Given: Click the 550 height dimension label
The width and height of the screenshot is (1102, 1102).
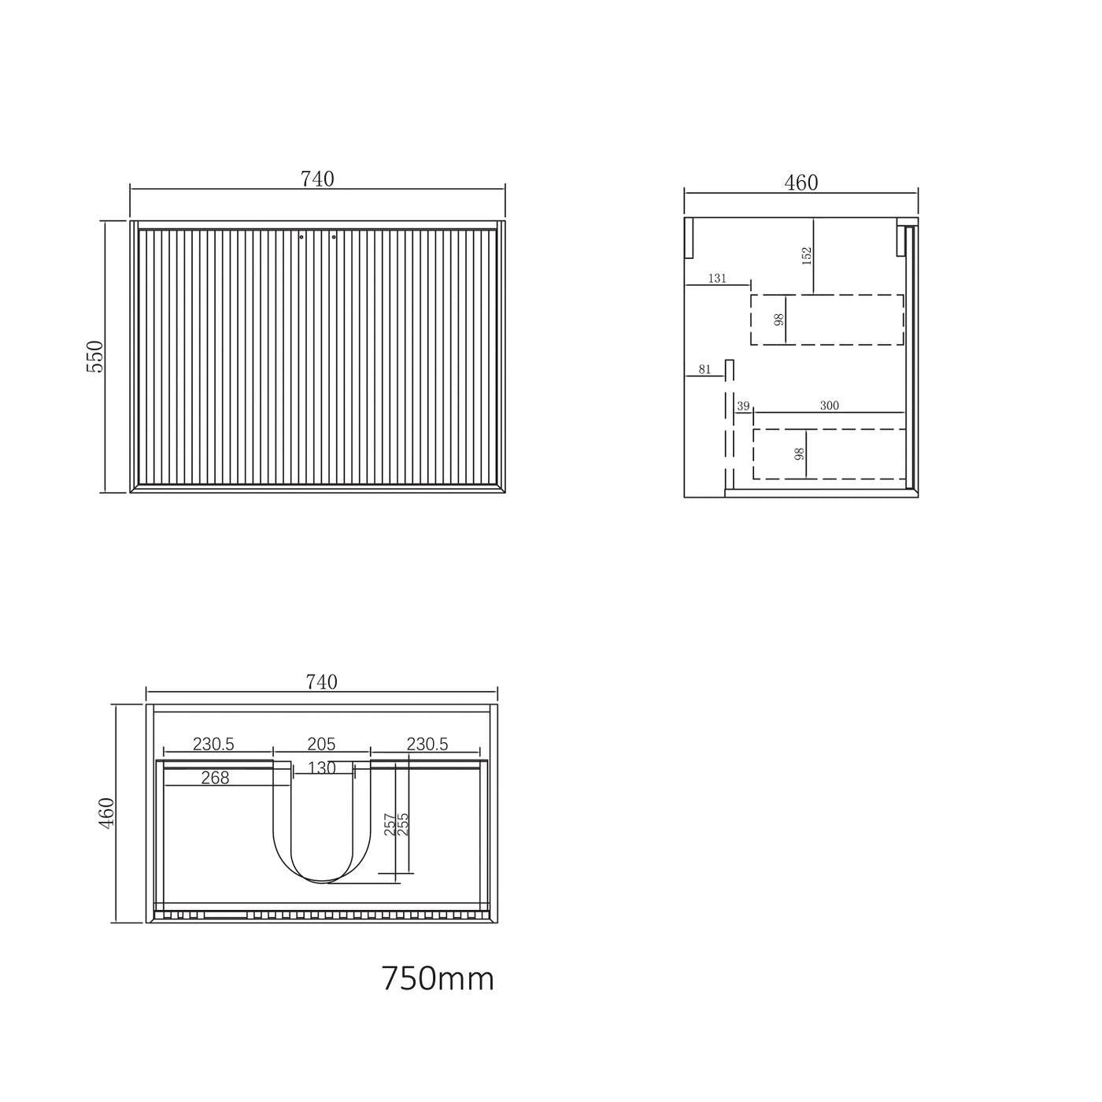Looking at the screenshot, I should [94, 357].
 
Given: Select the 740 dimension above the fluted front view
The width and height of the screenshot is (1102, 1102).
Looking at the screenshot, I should [317, 179].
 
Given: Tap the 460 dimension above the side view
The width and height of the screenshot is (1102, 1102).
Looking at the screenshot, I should [801, 183].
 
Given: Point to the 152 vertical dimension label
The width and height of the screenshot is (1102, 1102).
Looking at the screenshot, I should [806, 256].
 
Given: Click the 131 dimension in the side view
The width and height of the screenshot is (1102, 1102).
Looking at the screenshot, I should [717, 279].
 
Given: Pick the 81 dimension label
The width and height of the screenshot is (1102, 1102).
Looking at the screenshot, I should [704, 369].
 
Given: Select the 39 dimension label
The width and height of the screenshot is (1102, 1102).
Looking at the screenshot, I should [743, 406].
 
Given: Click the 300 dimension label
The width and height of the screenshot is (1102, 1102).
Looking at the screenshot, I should [829, 406].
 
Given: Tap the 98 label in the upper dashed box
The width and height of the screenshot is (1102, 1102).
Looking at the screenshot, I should [779, 320].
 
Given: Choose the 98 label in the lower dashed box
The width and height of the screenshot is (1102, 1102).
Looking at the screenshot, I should [800, 454].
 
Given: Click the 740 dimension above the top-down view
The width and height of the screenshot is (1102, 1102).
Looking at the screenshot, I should [321, 682].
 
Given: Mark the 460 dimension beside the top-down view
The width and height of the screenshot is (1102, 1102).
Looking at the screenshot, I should [107, 812].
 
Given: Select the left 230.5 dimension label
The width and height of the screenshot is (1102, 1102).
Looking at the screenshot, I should [214, 744].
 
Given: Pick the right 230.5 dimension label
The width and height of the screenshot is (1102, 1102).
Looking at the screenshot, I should [427, 744].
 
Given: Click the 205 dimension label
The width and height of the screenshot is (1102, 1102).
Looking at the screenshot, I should [321, 744].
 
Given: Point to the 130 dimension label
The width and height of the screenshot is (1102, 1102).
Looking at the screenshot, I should [322, 768].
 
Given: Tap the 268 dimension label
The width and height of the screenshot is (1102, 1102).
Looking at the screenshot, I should [215, 778].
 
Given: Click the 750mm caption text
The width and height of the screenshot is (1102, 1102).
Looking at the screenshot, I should [438, 979].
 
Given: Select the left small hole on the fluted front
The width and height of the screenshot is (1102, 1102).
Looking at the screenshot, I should [301, 235].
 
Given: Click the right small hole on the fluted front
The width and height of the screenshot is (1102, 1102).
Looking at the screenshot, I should [334, 235].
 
